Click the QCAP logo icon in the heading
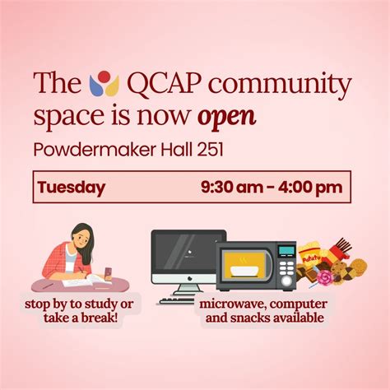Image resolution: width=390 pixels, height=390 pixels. (100, 83)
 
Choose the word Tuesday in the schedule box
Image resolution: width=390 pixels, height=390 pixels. (71, 187)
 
